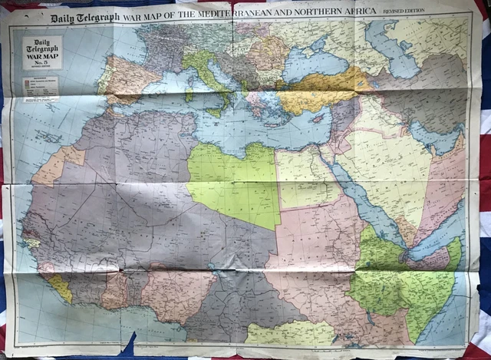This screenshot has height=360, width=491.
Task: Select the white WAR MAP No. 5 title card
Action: pyautogui.click(x=43, y=53)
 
